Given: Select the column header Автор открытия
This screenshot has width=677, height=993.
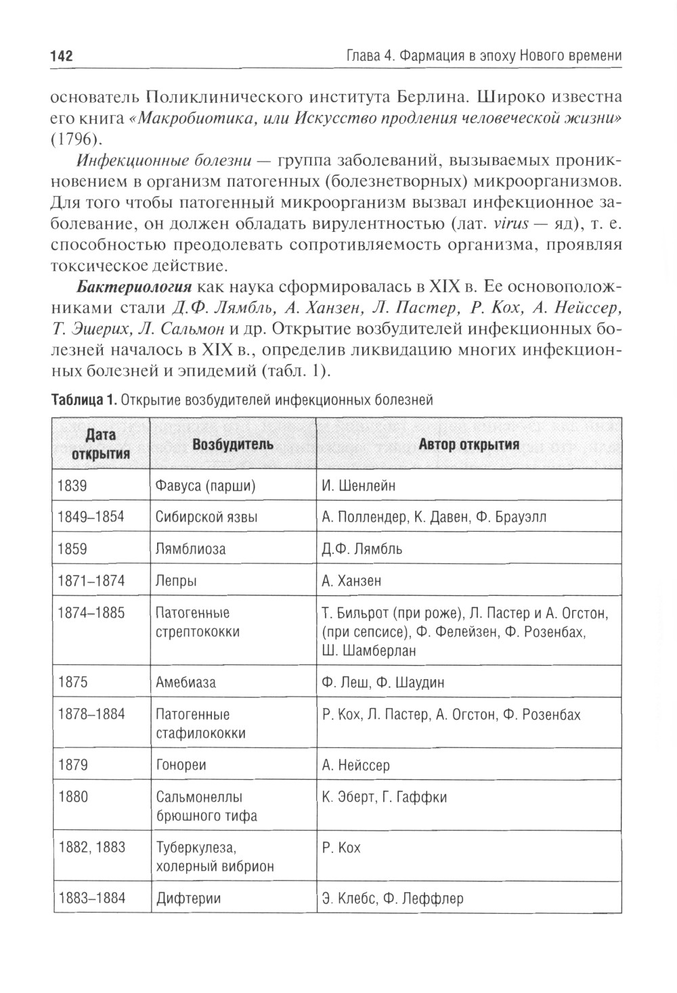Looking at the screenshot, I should tap(468, 444).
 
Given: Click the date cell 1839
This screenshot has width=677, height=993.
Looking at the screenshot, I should tap(73, 486).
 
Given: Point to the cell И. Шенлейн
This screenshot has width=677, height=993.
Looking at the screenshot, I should tap(359, 486).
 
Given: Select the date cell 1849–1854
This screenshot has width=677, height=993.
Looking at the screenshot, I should tap(91, 517).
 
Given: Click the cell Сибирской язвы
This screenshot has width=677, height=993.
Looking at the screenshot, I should tap(206, 517).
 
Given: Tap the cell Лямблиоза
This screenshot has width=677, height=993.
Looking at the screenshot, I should tap(191, 549).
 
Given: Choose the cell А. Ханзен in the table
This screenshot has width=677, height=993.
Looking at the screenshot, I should tap(351, 580).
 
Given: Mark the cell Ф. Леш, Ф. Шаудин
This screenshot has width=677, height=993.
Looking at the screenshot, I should tap(383, 682).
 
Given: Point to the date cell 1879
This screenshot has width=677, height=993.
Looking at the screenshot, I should tap(73, 766).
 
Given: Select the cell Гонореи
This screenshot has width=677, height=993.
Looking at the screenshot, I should tap(181, 766).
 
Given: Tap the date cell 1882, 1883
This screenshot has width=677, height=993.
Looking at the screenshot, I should tap(91, 848).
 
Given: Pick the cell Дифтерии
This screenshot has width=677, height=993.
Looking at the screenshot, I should tap(189, 899).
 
